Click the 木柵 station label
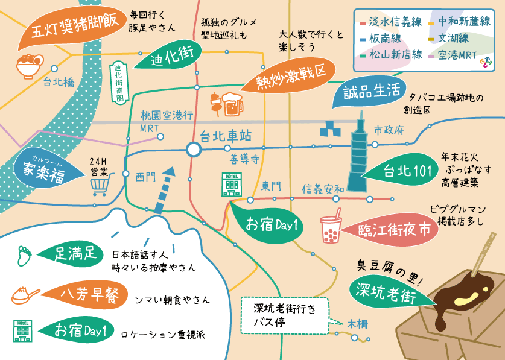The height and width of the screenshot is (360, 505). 357,323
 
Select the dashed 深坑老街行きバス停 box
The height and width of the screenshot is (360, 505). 285,315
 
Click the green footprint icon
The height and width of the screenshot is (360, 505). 23,255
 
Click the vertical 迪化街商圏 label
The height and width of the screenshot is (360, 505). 118,82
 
